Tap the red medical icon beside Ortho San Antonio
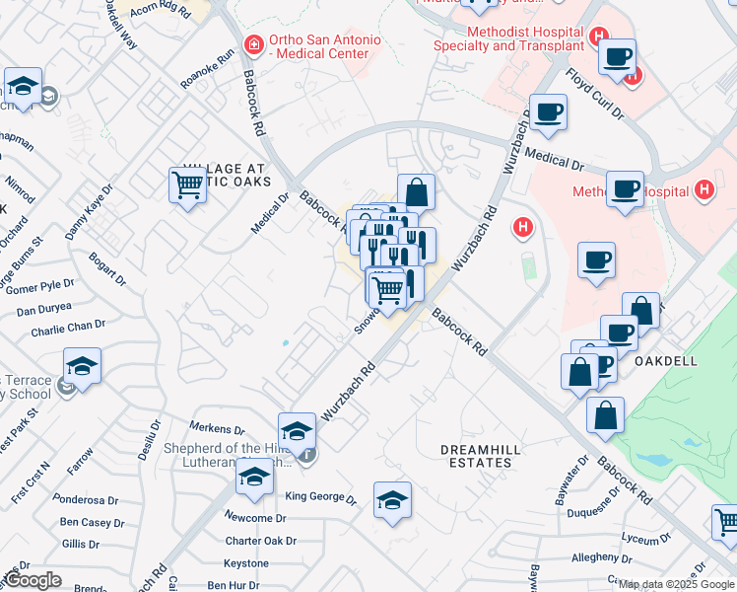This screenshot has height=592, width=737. [254, 43]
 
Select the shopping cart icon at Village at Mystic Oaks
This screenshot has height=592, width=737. [187, 185]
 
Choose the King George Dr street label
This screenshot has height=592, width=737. [320, 498]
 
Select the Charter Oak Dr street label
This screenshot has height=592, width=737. [260, 541]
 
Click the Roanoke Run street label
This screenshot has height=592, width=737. [209, 70]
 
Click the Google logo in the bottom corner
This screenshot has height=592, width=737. [33, 580]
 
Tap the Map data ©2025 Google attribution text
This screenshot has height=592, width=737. [676, 584]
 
